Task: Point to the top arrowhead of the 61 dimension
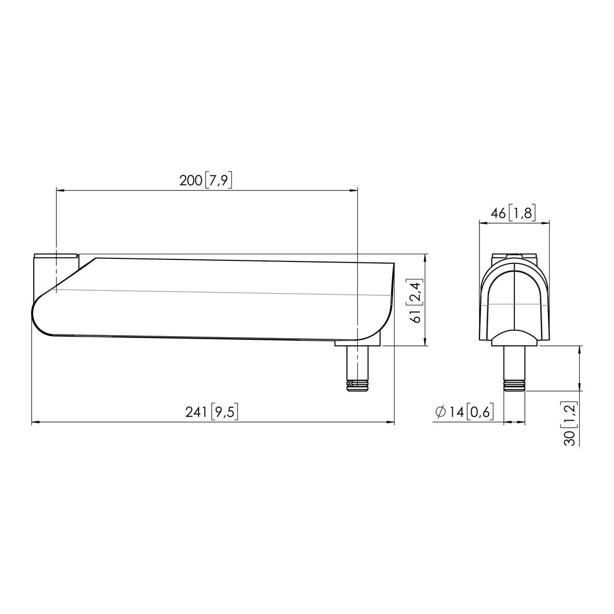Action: [x=426, y=257]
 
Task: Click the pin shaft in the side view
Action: [x=357, y=363]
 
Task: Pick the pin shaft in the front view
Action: [x=515, y=363]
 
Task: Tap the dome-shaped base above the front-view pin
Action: [x=514, y=338]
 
